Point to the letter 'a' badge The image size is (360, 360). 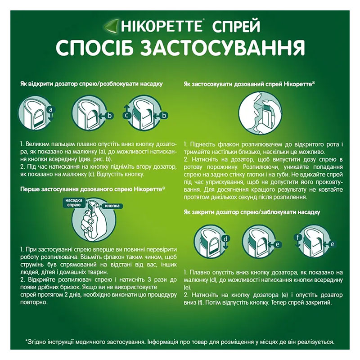pyautogui.click(x=50, y=109)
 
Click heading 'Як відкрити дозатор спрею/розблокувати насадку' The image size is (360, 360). pyautogui.click(x=91, y=84)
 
